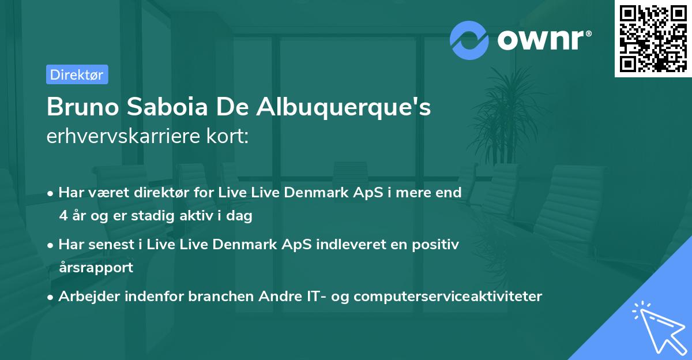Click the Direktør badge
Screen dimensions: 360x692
coord(77,74)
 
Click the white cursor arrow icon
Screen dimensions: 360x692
coord(657,327)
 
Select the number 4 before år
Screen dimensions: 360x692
coord(63,216)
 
